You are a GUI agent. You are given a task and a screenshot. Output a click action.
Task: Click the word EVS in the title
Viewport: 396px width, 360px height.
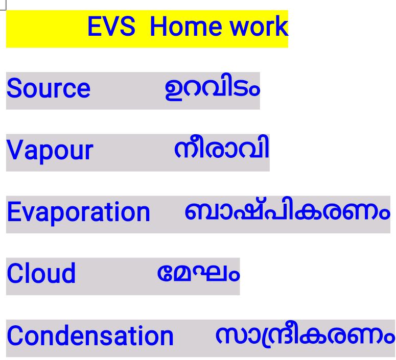(111, 27)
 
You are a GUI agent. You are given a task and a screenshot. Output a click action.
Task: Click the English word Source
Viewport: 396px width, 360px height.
(48, 89)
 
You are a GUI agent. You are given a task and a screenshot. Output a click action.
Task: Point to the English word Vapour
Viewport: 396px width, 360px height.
(50, 151)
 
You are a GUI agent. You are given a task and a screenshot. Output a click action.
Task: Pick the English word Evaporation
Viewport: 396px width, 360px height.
(78, 212)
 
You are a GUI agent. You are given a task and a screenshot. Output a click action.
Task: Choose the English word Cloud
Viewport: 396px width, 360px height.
(41, 274)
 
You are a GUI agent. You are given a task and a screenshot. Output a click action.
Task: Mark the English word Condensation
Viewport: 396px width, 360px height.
(90, 336)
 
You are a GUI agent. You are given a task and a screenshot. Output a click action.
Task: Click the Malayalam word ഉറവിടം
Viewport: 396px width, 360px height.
(212, 89)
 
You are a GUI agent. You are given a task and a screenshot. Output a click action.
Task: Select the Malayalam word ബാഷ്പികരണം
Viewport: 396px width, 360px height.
(287, 212)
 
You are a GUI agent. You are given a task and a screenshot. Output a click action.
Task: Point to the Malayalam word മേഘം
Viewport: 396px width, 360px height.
(198, 273)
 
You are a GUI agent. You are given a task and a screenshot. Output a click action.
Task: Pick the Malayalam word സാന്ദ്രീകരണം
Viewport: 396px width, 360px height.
(305, 335)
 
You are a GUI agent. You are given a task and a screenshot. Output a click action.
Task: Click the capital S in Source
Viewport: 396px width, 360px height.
(14, 89)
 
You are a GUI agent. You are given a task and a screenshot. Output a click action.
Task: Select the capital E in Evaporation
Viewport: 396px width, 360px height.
(13, 212)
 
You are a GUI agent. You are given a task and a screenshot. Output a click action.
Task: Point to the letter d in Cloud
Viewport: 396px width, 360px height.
(68, 274)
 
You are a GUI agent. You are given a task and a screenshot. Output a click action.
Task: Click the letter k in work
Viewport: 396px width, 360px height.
(282, 27)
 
